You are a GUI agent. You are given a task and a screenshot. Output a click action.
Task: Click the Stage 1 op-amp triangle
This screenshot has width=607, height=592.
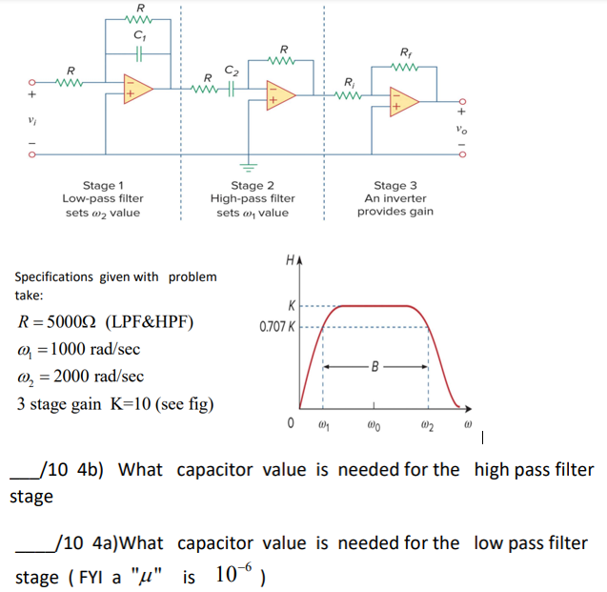[x=137, y=89]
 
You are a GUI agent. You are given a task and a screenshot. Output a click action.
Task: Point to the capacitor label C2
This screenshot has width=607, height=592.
[x=231, y=69]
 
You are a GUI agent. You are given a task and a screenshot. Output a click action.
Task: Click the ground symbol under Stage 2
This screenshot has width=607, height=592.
[x=252, y=161]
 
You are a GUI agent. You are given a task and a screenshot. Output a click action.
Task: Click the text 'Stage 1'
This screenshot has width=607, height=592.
[x=102, y=185]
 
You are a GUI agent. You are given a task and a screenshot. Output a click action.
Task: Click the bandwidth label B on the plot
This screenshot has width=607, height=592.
[x=374, y=365]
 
